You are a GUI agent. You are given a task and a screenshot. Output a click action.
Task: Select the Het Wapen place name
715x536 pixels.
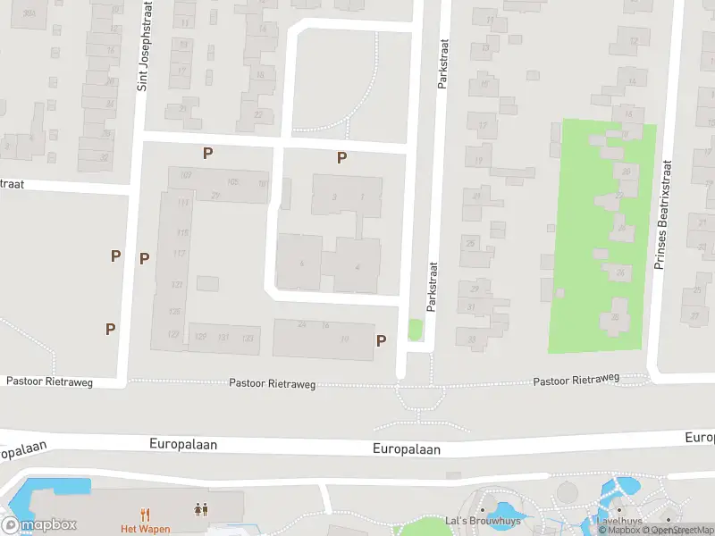coord(146,529)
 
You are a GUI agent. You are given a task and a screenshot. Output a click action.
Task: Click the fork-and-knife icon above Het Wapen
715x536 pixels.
coord(146,514)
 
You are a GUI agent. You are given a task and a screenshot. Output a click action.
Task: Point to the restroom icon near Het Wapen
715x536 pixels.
coord(201,510)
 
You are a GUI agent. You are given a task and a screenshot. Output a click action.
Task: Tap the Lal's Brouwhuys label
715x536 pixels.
coord(482,521)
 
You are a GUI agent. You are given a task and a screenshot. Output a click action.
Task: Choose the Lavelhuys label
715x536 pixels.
coord(620,521)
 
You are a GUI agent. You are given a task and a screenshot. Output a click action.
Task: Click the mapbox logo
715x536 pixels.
coord(38,525)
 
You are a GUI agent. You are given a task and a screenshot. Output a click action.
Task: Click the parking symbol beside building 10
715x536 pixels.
coord(382,340)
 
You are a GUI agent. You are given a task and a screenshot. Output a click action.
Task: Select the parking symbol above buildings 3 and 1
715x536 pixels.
coord(341,158)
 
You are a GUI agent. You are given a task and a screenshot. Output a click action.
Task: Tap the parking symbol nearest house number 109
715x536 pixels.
coord(207,154)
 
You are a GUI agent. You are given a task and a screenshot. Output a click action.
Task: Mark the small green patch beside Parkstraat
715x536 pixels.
coord(415,330)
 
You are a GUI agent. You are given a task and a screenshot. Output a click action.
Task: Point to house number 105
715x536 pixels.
coord(233,182)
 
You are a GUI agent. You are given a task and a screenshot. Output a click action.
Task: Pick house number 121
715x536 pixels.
coord(177,284)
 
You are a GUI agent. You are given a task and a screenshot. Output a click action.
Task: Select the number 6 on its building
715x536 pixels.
coord(302,263)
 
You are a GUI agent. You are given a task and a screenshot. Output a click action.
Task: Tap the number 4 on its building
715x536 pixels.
coord(357,266)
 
